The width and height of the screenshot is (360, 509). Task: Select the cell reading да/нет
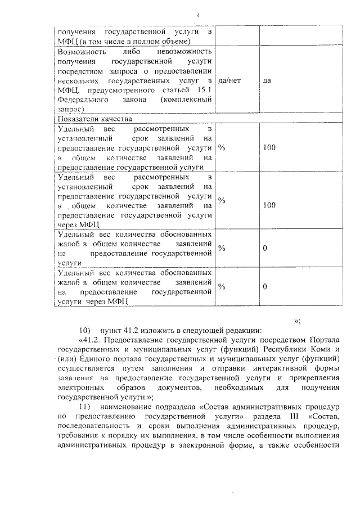tap(229, 80)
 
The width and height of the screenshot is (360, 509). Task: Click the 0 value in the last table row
tap(264, 287)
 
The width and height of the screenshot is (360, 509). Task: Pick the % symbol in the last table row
tap(222, 287)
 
